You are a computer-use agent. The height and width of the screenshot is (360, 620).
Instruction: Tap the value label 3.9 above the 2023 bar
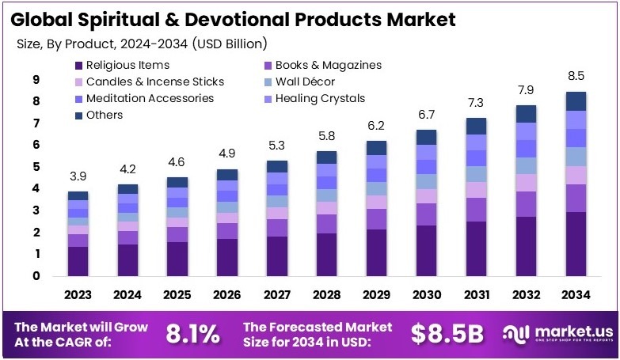tap(78, 175)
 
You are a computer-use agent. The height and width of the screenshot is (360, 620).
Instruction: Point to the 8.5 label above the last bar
tap(576, 77)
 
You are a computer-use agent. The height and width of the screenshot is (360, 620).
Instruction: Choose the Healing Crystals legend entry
tap(320, 98)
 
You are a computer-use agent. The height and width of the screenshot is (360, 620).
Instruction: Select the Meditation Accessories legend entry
tap(150, 98)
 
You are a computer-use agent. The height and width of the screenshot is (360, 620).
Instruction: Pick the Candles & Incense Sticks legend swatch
tap(78, 81)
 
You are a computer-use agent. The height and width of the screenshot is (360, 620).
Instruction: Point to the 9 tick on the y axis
tap(36, 79)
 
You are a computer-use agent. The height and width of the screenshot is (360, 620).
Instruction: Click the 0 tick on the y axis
tap(36, 276)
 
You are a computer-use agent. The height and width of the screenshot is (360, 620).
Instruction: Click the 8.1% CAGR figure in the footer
tap(192, 334)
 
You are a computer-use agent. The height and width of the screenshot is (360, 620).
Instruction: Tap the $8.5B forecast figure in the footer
tap(447, 334)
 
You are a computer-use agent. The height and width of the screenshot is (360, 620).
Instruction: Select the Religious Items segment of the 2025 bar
tap(177, 259)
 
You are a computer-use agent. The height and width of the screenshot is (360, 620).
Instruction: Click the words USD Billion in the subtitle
tap(230, 43)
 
